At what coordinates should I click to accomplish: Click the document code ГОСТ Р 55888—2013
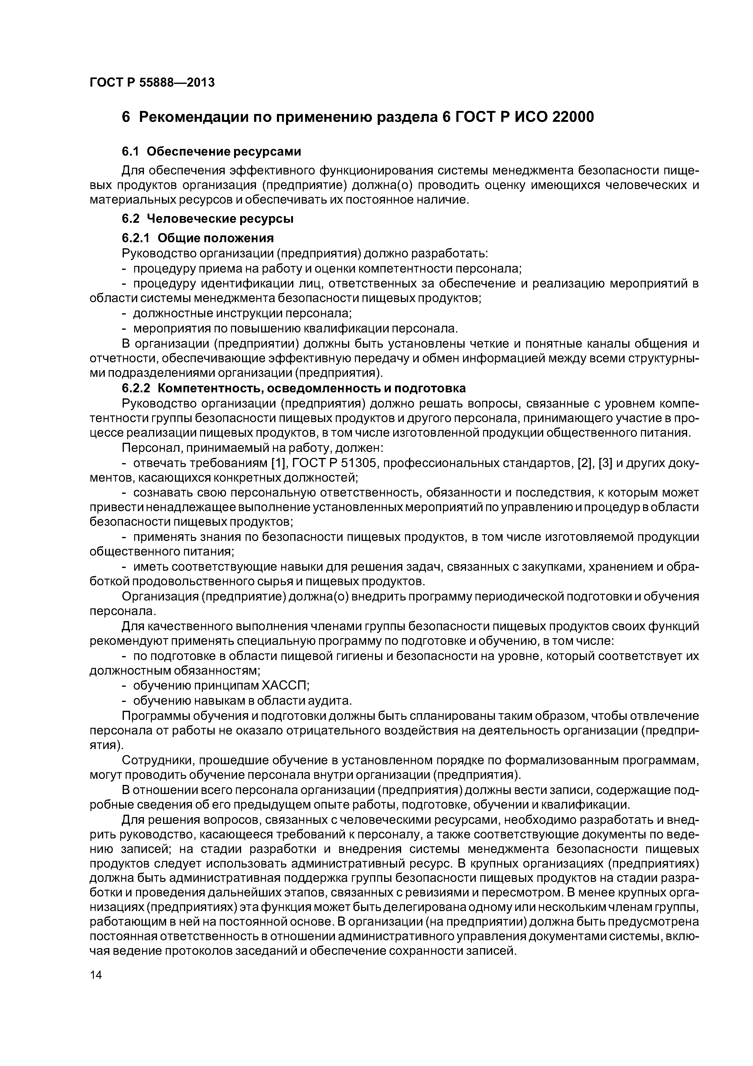click(x=152, y=83)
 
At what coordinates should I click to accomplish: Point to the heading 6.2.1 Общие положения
click(x=198, y=238)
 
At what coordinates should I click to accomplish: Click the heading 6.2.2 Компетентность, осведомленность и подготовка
click(x=294, y=388)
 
